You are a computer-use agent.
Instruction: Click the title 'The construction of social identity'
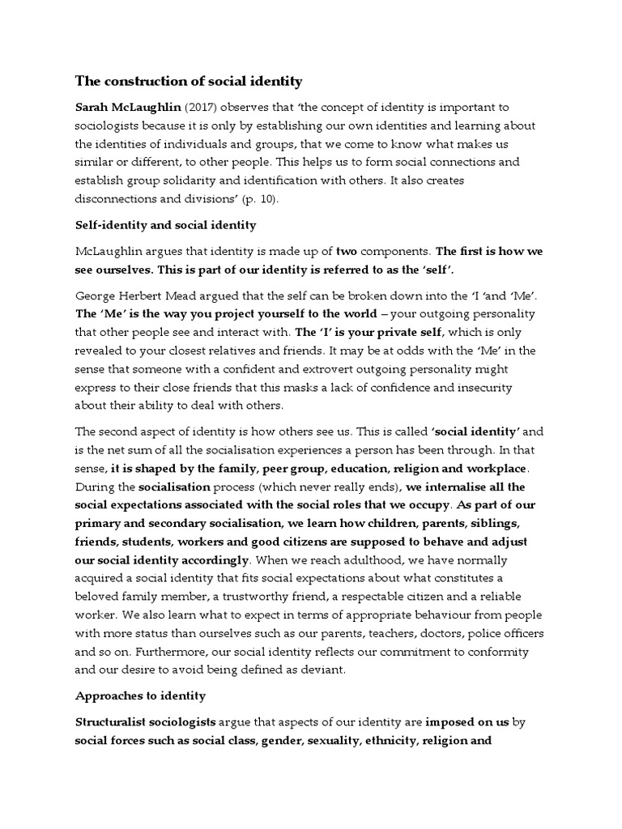189,82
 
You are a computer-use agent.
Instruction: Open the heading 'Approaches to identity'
141,696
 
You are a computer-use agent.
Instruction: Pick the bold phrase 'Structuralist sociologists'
146,722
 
